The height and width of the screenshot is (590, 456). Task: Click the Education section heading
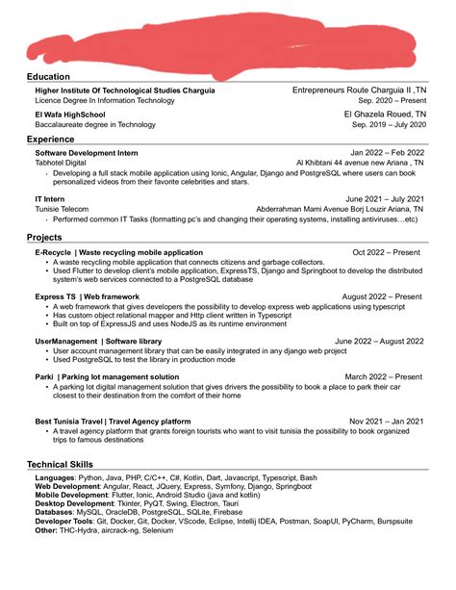click(x=48, y=76)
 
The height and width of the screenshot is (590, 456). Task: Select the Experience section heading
click(x=51, y=140)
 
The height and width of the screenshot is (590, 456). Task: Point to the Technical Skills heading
click(x=61, y=464)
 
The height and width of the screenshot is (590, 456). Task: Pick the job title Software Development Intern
click(x=87, y=153)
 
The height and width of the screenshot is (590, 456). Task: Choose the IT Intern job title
click(x=50, y=198)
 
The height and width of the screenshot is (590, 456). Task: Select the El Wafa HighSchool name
click(x=70, y=114)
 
